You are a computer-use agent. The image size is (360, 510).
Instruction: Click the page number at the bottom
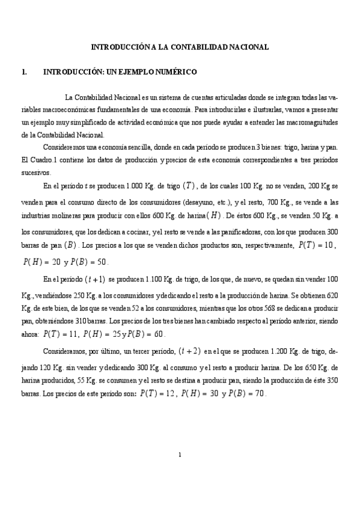[180, 454]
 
